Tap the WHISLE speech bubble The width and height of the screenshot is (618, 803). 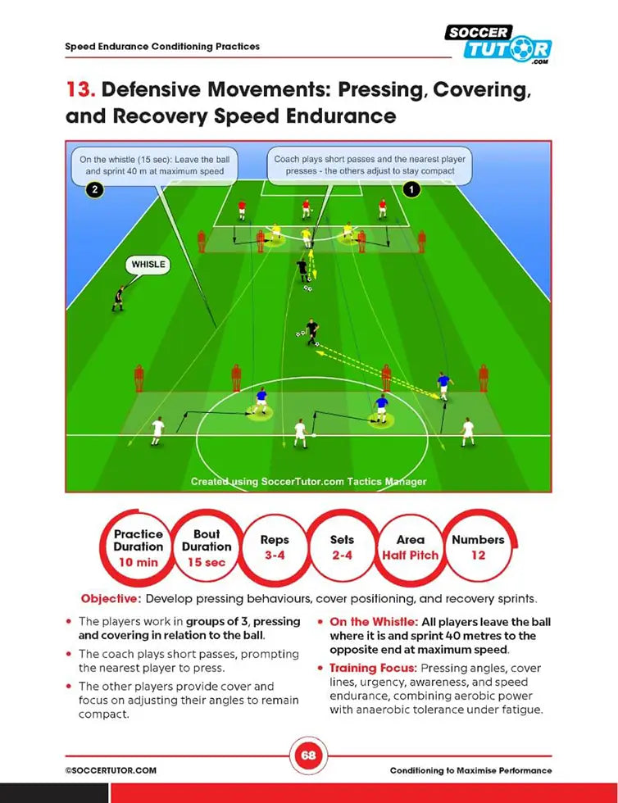pyautogui.click(x=148, y=265)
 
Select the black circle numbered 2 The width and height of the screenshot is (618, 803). pyautogui.click(x=94, y=189)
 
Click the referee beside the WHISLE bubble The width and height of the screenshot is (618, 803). pyautogui.click(x=120, y=297)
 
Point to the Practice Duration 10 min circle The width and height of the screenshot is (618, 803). pyautogui.click(x=138, y=547)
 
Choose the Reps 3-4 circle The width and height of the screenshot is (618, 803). pyautogui.click(x=275, y=547)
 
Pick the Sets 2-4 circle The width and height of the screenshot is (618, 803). pyautogui.click(x=342, y=547)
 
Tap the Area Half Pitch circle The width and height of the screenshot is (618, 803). pyautogui.click(x=410, y=547)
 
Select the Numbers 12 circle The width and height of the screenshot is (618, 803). pyautogui.click(x=478, y=547)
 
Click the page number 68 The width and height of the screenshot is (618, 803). pyautogui.click(x=308, y=755)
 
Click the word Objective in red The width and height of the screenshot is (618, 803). pyautogui.click(x=110, y=599)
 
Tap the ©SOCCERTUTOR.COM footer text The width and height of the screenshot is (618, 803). pyautogui.click(x=111, y=770)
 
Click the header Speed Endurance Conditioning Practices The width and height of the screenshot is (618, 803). pyautogui.click(x=162, y=47)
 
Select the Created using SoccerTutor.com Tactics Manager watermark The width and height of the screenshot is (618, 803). pyautogui.click(x=308, y=482)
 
